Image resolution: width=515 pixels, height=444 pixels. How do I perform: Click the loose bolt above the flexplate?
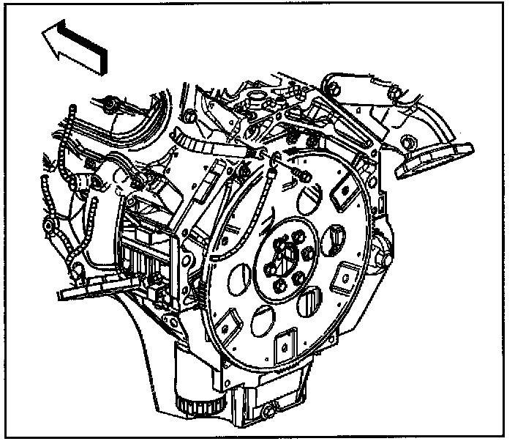301,176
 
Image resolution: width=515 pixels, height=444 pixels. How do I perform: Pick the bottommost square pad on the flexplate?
284,342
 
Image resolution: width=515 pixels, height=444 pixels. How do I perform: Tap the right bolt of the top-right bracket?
394,91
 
